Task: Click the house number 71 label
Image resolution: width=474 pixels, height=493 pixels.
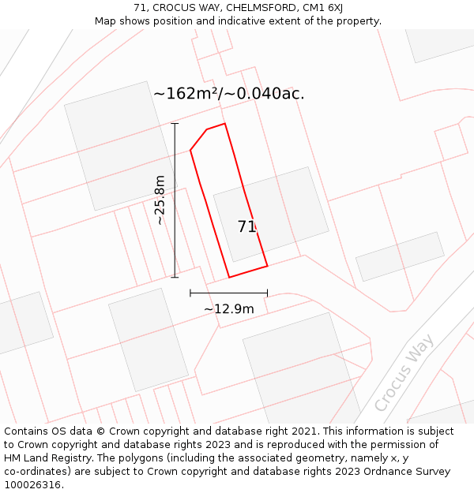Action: coord(246,226)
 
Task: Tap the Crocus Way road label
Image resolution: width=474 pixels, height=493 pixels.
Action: coord(404,372)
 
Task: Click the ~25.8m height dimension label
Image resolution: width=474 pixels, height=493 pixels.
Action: coord(160,200)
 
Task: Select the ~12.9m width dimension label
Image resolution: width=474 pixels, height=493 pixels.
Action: coord(229,308)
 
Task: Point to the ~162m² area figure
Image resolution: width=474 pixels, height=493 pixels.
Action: coord(186,93)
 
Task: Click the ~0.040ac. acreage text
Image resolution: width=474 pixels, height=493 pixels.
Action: coord(265,93)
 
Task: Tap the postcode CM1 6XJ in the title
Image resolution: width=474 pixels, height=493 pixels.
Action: coord(324,8)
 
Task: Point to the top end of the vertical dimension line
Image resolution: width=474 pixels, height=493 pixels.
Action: coord(175,124)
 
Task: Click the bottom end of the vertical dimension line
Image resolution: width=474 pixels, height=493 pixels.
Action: coord(175,278)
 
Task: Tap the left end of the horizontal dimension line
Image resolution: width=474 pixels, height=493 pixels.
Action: coord(190,293)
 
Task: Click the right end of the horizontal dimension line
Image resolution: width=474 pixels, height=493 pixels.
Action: coord(267,293)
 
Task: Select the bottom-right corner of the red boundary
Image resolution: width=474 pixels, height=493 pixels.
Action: coord(267,266)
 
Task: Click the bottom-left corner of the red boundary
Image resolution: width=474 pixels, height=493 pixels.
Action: coord(229,277)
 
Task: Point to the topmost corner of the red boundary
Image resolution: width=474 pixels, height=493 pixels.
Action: coord(225,123)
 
